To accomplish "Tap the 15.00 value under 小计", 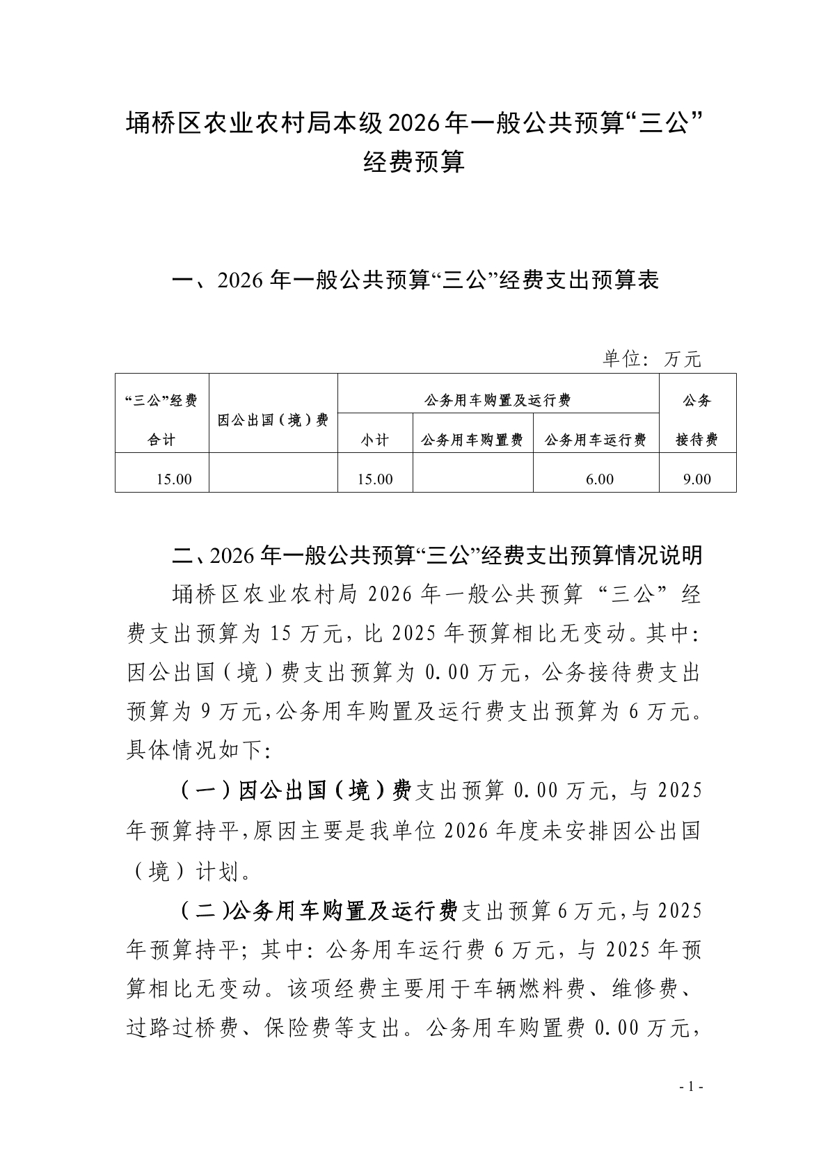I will [375, 479].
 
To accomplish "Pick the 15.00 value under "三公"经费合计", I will [174, 479].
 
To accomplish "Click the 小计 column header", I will [374, 440].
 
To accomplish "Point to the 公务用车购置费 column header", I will [472, 440].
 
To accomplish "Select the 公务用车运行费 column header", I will [596, 440].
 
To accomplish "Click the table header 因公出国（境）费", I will [273, 420].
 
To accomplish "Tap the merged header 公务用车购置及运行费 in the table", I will [497, 400].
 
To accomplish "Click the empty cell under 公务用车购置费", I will [472, 479].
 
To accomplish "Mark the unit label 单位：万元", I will [651, 359].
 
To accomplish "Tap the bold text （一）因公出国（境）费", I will [296, 791].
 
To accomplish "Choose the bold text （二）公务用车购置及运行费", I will [318, 910].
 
